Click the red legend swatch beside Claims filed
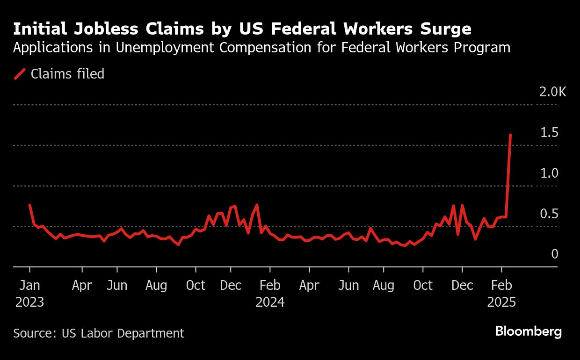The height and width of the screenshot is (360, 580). pos(20,74)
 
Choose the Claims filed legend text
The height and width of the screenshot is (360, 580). pos(67,74)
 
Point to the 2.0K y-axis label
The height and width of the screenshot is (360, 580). pos(552,92)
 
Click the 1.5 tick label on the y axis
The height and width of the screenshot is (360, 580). pos(549,133)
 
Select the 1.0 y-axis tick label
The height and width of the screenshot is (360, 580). pos(549,173)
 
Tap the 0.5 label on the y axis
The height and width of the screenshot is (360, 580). pos(549,214)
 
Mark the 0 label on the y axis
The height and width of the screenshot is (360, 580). pos(555,254)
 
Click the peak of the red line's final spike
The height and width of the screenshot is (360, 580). pos(510,135)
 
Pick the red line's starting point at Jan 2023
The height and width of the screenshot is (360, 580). pos(30,205)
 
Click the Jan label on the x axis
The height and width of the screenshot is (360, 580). pos(29,285)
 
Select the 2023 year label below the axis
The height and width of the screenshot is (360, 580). pos(29,302)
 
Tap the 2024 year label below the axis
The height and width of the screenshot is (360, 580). pos(270,302)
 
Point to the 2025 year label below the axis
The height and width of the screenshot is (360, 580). pos(501,302)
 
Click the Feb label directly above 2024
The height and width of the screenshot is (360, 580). pos(270,285)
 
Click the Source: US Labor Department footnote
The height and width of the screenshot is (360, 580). pos(99,333)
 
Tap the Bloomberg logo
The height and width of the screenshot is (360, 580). pos(528,332)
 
